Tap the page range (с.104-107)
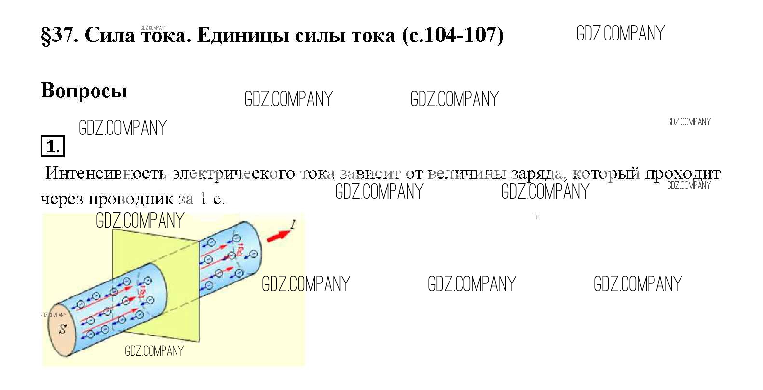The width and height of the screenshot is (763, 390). (452, 35)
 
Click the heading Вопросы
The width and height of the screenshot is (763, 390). (84, 90)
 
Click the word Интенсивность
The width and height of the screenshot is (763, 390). (106, 173)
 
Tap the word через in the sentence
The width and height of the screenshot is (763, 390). (62, 199)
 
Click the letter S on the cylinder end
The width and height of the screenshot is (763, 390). (62, 330)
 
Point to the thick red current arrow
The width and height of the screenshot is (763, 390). (279, 235)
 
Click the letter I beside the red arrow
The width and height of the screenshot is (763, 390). (293, 224)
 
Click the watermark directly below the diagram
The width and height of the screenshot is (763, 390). (154, 351)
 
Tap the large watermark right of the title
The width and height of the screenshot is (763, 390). (620, 33)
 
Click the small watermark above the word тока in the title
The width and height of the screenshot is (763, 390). (153, 28)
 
